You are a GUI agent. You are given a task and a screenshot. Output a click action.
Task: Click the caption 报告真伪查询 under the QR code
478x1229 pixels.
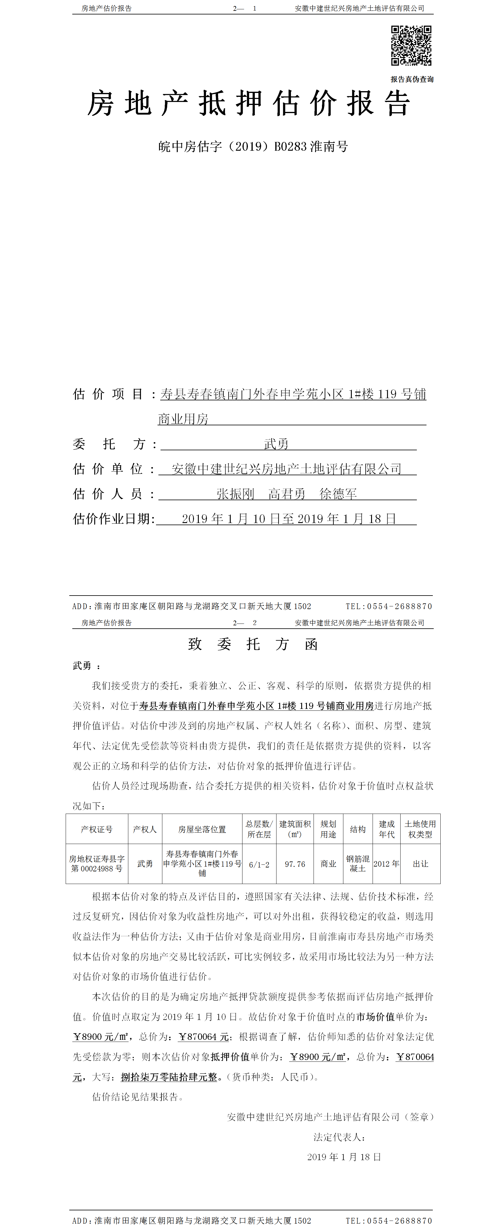[x=412, y=79]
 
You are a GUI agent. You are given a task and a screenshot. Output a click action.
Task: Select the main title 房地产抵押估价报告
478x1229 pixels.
[x=248, y=103]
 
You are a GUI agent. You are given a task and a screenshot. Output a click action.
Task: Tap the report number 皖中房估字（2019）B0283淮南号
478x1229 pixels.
[x=253, y=146]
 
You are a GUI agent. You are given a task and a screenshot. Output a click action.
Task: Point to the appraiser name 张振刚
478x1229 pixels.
[x=236, y=494]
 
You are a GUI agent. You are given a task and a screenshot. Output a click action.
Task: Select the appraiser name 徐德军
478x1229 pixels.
[x=338, y=494]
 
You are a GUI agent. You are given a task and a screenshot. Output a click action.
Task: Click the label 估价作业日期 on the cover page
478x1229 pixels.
[x=114, y=519]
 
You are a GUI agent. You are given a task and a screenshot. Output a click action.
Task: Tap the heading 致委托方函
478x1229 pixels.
[x=253, y=645]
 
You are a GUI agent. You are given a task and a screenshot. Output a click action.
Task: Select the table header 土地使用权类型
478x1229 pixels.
[x=420, y=829]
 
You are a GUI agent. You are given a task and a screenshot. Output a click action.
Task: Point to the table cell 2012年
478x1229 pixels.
[x=386, y=864]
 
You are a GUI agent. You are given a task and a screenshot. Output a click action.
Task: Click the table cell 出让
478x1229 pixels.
[x=420, y=864]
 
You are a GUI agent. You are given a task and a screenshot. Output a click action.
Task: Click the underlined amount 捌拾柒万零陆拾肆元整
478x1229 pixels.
[x=169, y=1077]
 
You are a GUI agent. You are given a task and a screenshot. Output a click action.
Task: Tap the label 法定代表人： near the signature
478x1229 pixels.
[x=339, y=1137]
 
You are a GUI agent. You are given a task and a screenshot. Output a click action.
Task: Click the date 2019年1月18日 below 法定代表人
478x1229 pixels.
[x=344, y=1157]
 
